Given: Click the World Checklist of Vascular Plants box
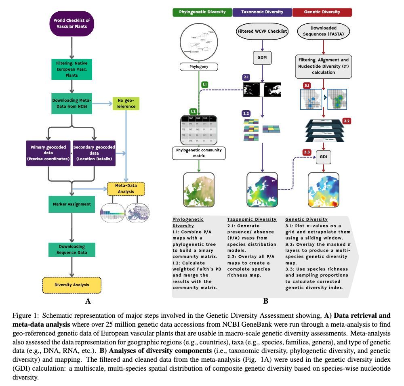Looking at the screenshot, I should click(x=72, y=23).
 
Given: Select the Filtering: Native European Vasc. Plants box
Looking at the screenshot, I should click(x=72, y=69).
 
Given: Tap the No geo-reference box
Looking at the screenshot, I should click(x=126, y=103).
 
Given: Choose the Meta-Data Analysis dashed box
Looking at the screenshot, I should click(x=126, y=189).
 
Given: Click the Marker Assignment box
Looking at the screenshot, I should click(x=72, y=204).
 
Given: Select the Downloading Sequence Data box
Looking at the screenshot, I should click(x=72, y=250).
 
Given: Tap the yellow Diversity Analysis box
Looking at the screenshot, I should click(x=72, y=285).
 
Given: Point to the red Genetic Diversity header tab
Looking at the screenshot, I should click(x=322, y=12).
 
